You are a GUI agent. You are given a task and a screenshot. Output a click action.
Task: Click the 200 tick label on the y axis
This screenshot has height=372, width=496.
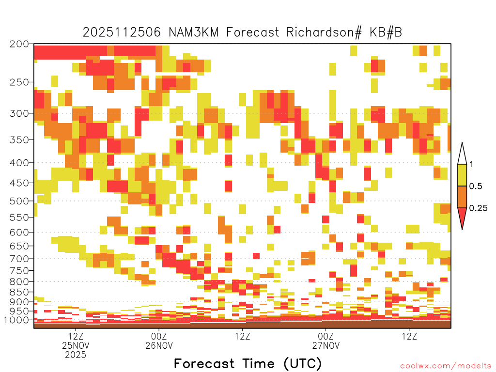coord(19,44)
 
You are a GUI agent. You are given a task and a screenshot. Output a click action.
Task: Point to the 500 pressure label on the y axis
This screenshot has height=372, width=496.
coord(19,201)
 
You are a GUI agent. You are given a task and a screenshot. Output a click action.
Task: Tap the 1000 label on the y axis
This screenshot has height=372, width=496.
coord(16,320)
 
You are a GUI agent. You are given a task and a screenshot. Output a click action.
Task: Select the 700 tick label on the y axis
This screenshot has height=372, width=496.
coord(19,259)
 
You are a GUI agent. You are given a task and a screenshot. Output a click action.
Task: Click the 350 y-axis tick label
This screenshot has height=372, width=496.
coord(19,140)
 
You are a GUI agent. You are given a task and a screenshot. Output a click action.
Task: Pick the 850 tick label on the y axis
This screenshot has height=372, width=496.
coord(19,292)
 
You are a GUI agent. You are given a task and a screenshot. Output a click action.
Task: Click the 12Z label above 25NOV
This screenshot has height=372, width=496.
coord(76,336)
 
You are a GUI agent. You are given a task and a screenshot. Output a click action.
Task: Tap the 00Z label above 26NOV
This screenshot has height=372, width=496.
coord(159,336)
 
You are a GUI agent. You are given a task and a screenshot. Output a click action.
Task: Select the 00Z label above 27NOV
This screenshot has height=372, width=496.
coord(326,336)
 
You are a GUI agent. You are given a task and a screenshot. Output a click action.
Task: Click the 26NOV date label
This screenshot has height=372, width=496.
coord(159,345)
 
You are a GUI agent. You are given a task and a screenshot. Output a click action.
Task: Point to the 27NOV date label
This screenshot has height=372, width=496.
coord(326,345)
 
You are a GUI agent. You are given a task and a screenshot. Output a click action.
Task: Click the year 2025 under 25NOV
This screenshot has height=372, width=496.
coord(76,355)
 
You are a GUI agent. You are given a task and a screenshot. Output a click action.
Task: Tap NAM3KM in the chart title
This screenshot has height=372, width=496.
coord(194,32)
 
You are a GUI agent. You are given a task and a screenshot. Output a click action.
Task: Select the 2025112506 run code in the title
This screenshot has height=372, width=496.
coord(122,32)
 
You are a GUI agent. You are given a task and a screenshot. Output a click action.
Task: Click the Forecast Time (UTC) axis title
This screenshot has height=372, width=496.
coord(248,363)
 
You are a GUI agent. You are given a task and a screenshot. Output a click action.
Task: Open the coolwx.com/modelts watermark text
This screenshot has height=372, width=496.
coord(446,366)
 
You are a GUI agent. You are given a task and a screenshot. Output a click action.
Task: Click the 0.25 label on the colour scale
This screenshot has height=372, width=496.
coord(478,208)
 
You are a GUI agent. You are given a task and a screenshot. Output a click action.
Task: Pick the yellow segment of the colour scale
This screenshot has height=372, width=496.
coord(462,175)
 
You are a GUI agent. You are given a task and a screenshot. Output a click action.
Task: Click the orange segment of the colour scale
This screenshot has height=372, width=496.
coord(462,197)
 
